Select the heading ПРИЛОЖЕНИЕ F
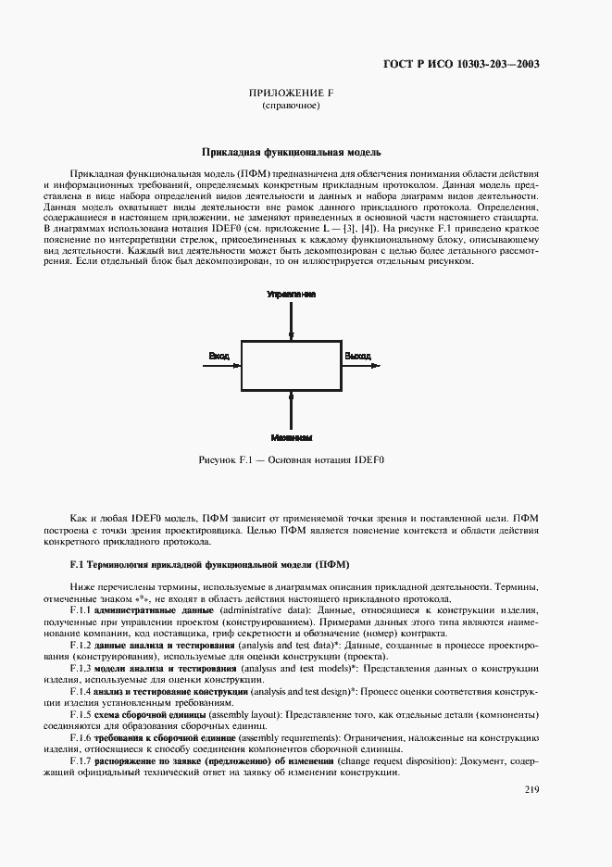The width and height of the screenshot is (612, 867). point(292,94)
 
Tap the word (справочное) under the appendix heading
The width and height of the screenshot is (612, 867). point(292,107)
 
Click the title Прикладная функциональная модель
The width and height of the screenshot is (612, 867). point(292,152)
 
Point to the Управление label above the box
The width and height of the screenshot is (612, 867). point(292,294)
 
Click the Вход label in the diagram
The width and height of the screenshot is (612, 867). point(219,356)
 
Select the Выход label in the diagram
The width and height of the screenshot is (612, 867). point(357,356)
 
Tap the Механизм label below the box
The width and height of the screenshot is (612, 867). point(292,436)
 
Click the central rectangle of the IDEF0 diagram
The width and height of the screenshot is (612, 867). point(292,366)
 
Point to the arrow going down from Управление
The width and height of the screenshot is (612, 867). point(292,320)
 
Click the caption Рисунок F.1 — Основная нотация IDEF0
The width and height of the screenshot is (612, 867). point(292,459)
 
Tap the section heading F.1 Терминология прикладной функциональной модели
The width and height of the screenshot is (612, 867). point(208,564)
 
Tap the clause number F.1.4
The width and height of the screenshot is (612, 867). point(81,691)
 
